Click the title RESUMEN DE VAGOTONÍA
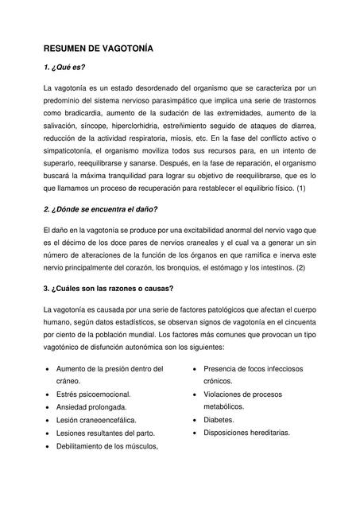click(98, 49)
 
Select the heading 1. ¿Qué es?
click(64, 68)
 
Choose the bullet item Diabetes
click(219, 420)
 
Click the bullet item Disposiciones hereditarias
click(246, 433)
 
